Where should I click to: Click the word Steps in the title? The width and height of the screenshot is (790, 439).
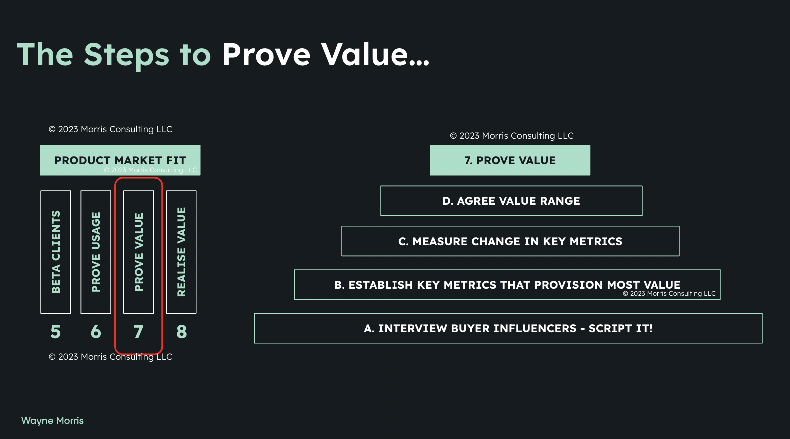[127, 55]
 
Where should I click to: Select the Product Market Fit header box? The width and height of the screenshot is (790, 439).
[120, 160]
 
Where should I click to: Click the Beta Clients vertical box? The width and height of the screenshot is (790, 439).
[56, 252]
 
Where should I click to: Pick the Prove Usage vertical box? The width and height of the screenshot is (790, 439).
[96, 252]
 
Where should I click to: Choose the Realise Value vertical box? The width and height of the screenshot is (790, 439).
[181, 252]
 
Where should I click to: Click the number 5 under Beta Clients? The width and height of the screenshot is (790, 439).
[56, 332]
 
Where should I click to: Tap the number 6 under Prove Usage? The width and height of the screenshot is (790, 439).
[96, 332]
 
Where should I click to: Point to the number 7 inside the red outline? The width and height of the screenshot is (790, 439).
[139, 332]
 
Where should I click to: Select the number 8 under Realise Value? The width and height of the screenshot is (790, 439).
[181, 332]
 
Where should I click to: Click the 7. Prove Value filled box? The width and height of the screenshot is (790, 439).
[510, 160]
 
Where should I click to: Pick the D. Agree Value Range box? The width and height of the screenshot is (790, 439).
[511, 201]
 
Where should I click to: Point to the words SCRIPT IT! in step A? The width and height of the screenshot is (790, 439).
[620, 328]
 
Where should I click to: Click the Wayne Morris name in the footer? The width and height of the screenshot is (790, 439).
[52, 421]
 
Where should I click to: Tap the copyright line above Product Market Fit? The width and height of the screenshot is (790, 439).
[110, 129]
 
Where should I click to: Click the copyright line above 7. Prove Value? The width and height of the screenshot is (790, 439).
[512, 136]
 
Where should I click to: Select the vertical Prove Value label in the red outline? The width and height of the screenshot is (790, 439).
[139, 252]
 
